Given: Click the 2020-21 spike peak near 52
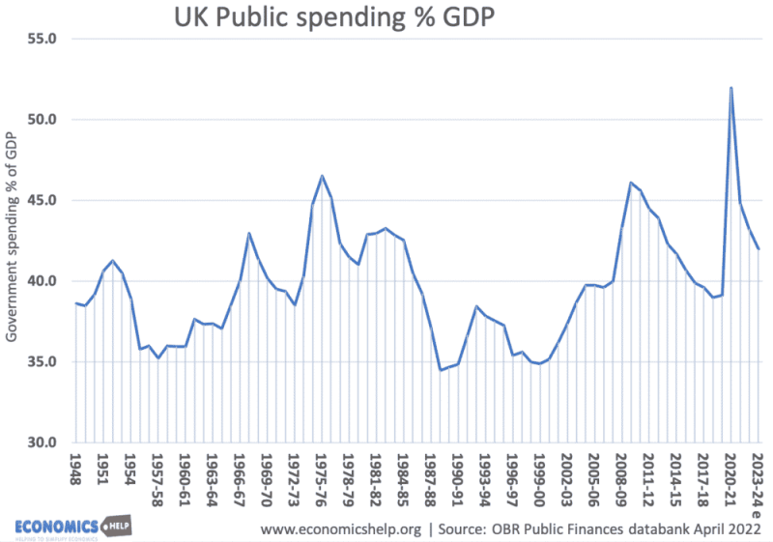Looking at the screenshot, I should pos(730,88).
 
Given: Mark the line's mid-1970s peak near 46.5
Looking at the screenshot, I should pos(322,176).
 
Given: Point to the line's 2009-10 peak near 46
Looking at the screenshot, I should pos(631,183).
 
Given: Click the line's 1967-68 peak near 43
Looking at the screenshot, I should pos(249,233).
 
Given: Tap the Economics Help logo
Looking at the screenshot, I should pos(72,526).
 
